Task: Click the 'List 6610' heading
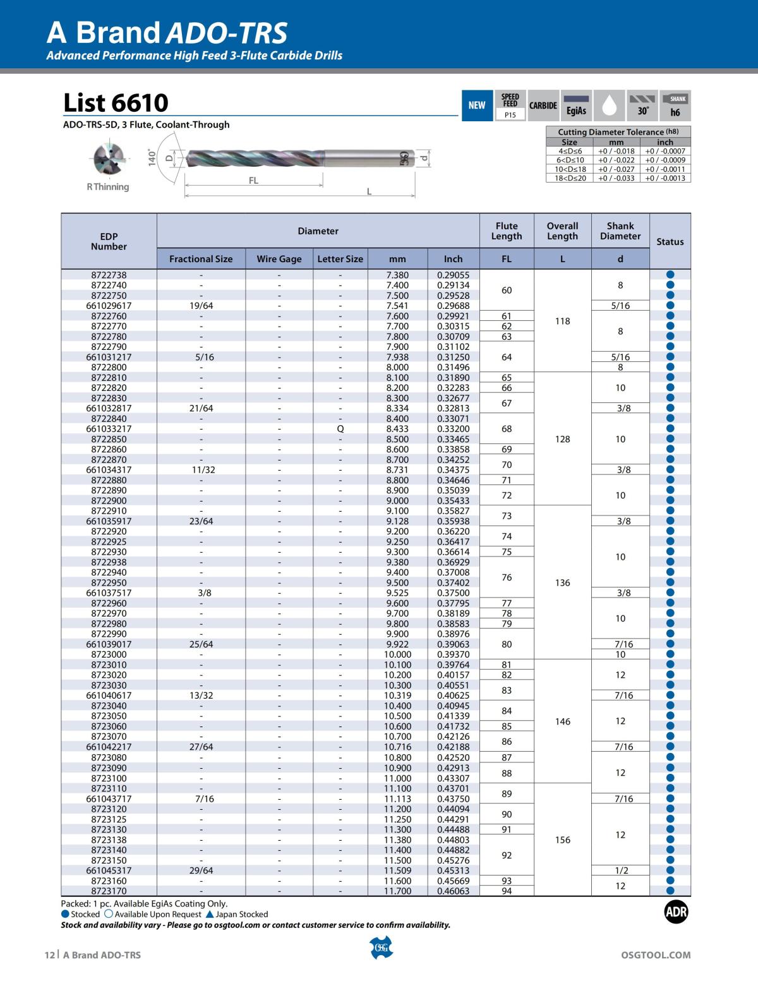pos(116,102)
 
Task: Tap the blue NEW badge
pos(477,105)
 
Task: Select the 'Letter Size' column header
pos(340,259)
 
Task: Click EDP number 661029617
pos(109,306)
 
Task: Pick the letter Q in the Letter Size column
pos(340,429)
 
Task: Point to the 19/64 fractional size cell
pos(201,306)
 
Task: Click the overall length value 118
pos(562,321)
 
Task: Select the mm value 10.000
pos(397,654)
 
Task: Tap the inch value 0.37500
pos(453,593)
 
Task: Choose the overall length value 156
pos(562,840)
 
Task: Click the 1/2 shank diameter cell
pos(621,870)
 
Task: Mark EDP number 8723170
pos(109,891)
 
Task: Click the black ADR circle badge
pos(676,912)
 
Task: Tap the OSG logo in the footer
pos(380,948)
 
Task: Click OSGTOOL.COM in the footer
pos(656,955)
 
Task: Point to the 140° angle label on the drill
pos(152,157)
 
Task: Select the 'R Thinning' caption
pos(108,187)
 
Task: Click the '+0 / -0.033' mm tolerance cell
pos(616,178)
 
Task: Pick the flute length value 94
pos(507,891)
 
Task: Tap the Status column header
pos(670,242)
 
